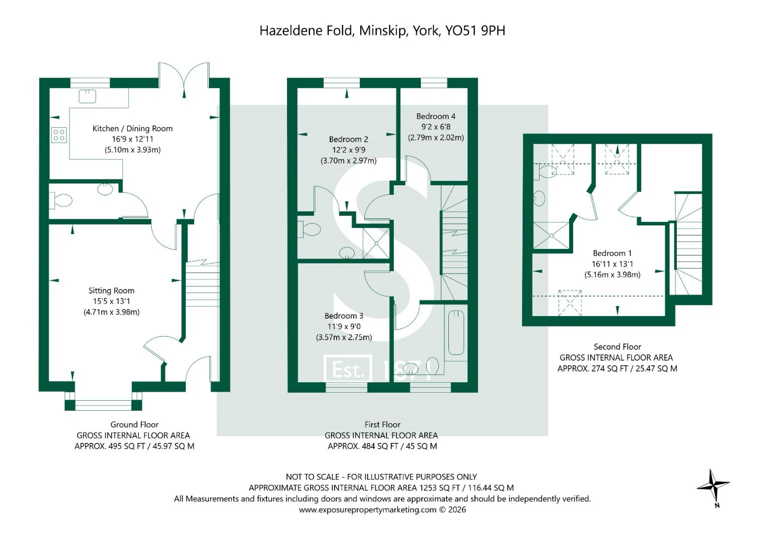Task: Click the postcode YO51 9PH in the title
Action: [x=475, y=31]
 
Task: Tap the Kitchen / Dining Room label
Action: [x=132, y=129]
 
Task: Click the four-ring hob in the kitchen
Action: [x=59, y=135]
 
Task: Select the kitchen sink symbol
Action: [x=87, y=96]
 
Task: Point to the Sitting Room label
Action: [x=111, y=291]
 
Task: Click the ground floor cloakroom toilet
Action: [x=61, y=201]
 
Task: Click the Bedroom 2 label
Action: [x=348, y=139]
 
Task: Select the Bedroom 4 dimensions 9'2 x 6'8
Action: [x=436, y=127]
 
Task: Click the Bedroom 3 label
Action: [x=344, y=316]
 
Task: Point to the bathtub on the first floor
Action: [x=455, y=332]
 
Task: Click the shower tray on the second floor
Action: [x=551, y=235]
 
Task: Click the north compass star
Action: [x=713, y=485]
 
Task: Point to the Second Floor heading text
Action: [x=617, y=347]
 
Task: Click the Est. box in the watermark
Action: [x=348, y=370]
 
